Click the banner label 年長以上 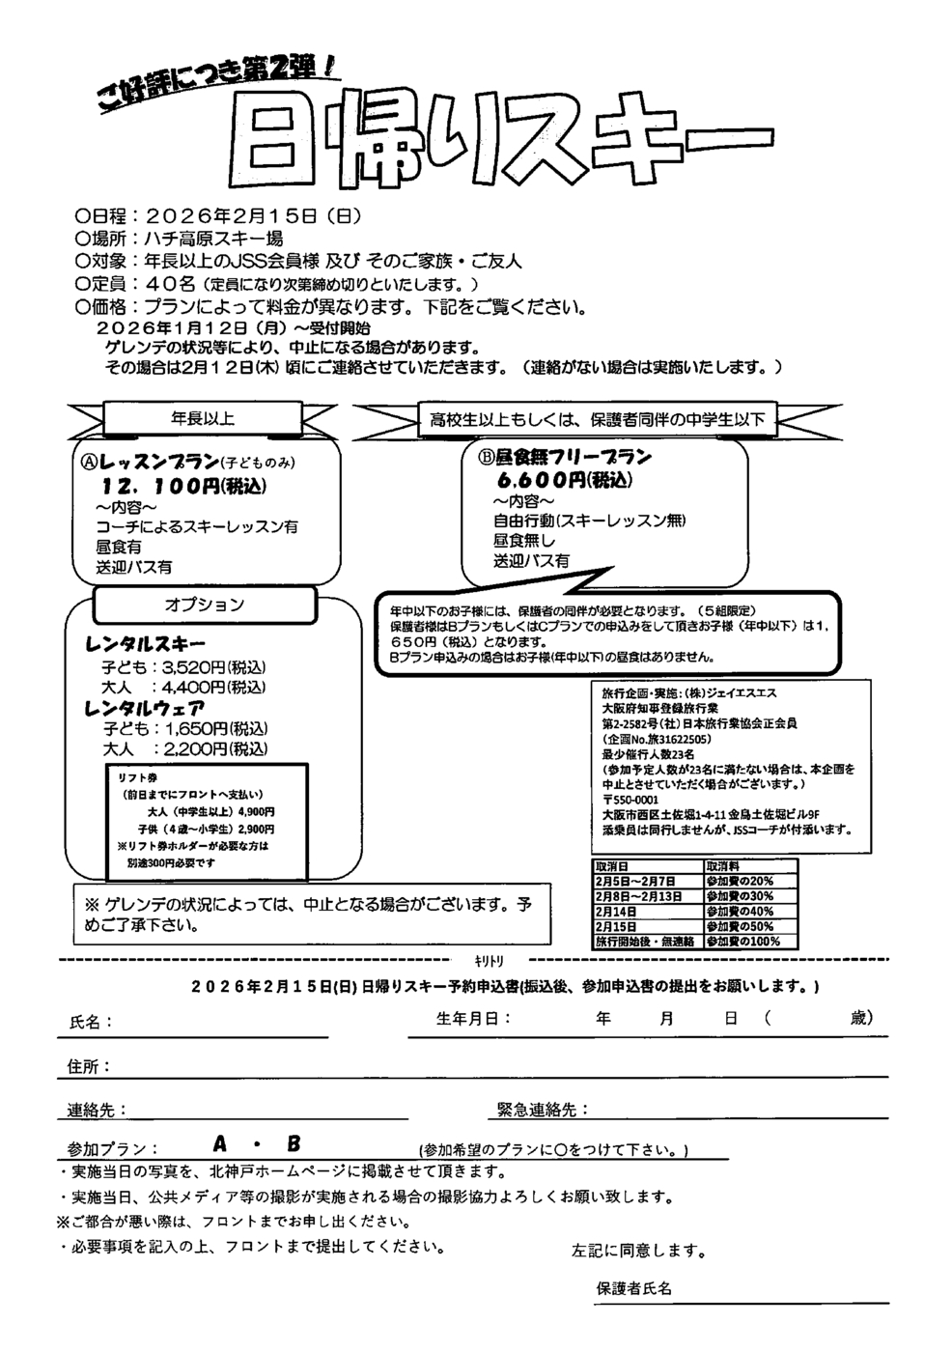[x=203, y=418]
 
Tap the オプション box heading [x=204, y=605]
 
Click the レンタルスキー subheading [x=146, y=644]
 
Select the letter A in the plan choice [x=221, y=1144]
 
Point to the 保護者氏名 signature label [x=633, y=1289]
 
